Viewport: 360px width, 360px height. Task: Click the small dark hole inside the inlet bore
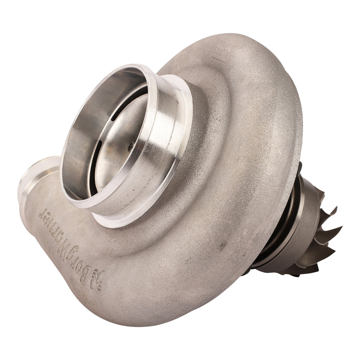(130, 146)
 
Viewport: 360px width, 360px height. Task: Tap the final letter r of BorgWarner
(45, 213)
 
